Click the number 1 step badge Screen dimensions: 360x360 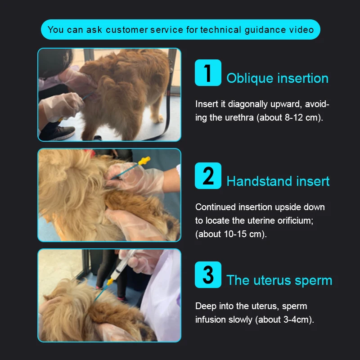click(208, 73)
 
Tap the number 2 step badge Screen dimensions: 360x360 click(208, 175)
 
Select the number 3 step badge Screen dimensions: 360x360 click(208, 274)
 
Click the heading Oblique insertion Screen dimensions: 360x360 click(277, 78)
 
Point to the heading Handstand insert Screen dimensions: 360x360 click(278, 181)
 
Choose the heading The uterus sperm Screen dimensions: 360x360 click(279, 280)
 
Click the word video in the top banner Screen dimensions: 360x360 click(300, 30)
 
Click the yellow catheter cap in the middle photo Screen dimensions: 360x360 click(144, 161)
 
